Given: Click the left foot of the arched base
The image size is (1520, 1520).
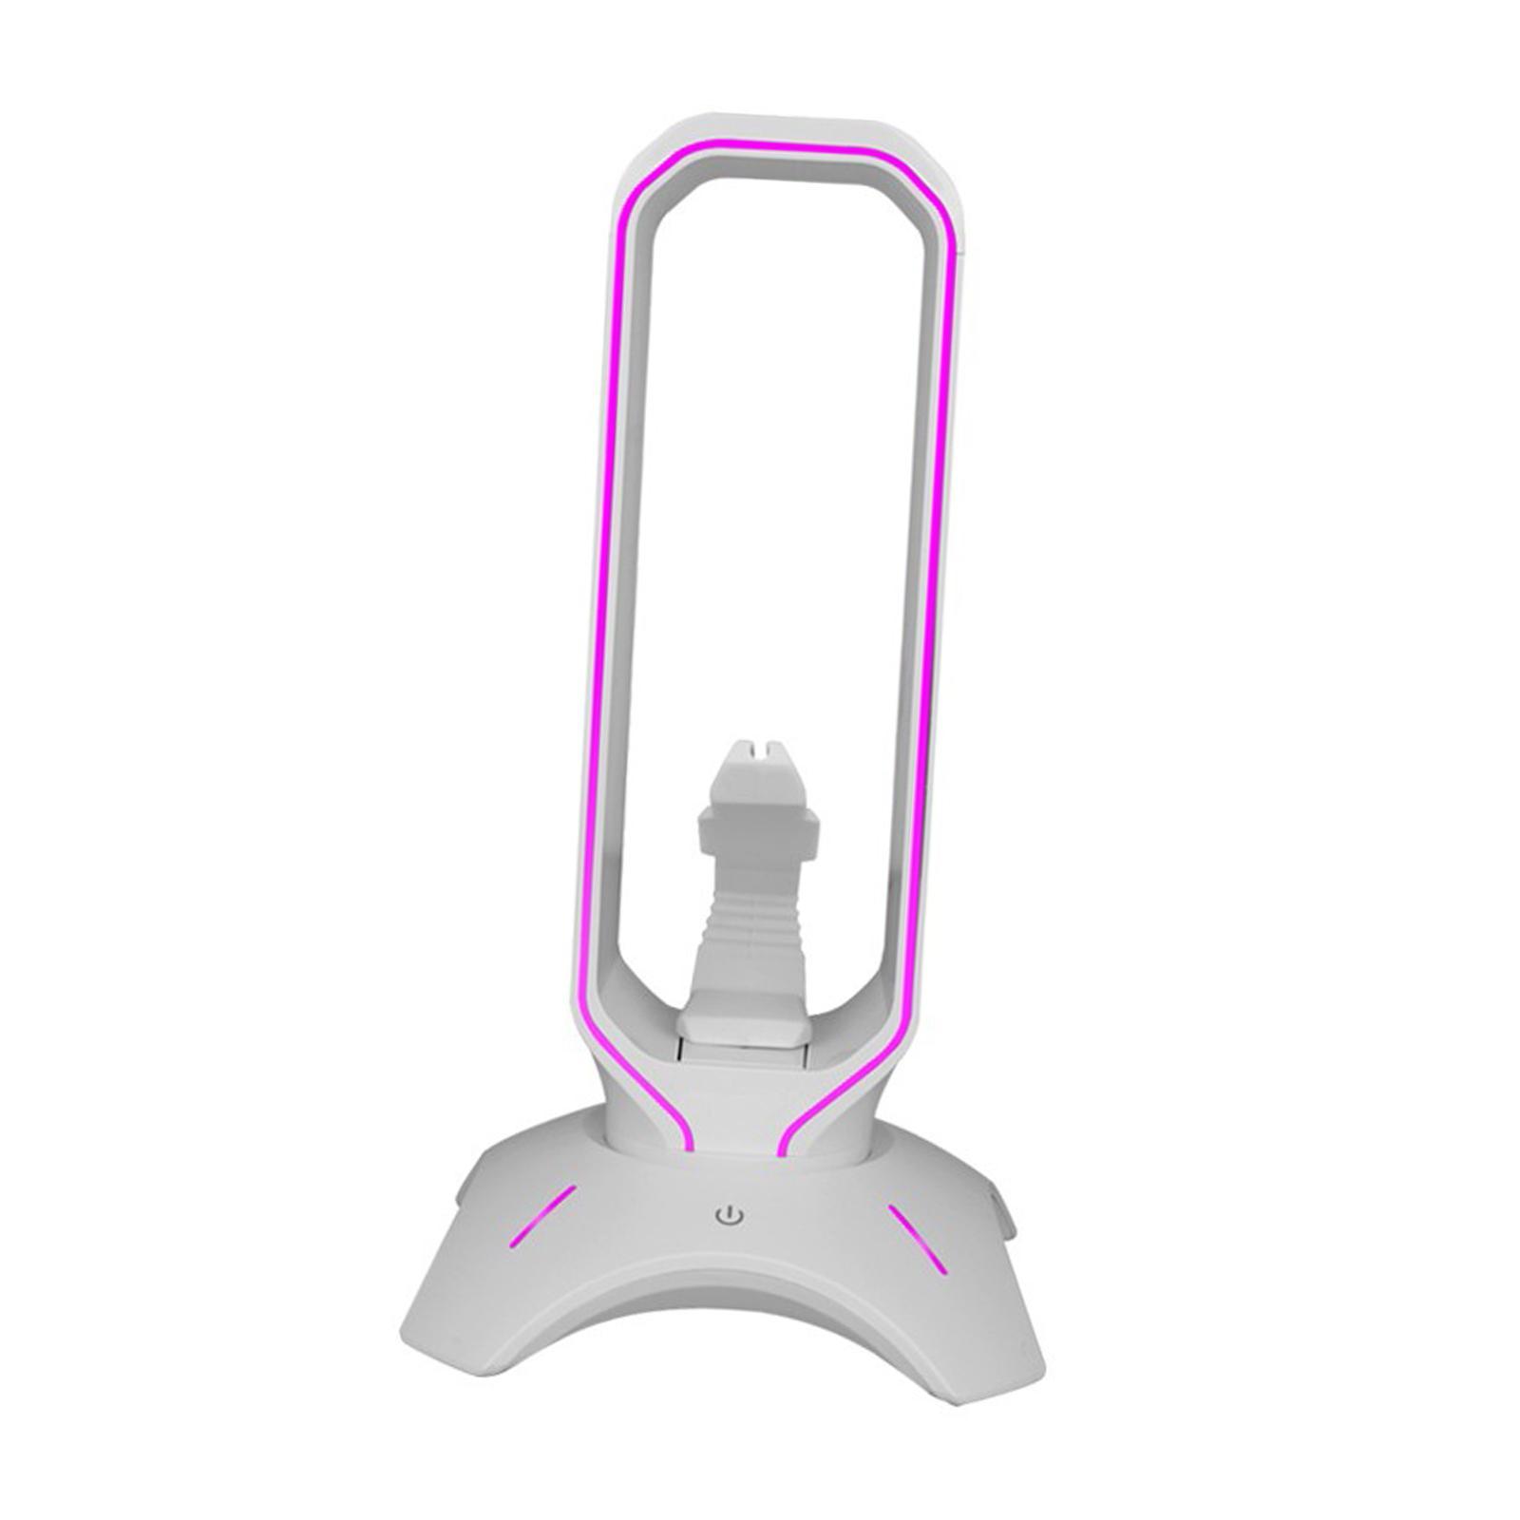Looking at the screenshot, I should tap(456, 1368).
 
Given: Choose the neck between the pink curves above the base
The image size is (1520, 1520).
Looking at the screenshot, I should tap(731, 1111).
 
